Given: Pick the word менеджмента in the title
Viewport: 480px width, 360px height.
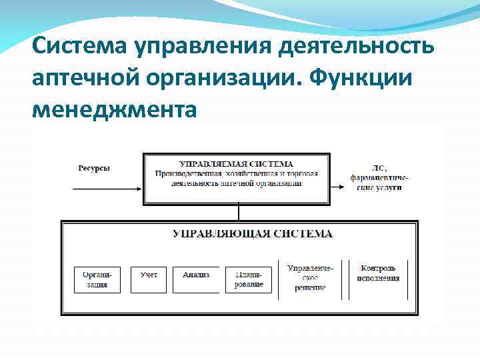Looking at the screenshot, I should pyautogui.click(x=114, y=107).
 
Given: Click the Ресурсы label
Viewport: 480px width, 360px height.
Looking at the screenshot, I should pyautogui.click(x=93, y=169).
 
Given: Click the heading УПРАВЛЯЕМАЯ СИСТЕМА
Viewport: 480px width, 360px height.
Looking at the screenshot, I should pyautogui.click(x=237, y=164).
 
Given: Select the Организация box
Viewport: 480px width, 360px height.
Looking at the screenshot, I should pyautogui.click(x=97, y=279).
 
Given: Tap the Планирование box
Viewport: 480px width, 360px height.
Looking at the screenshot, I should pyautogui.click(x=249, y=279).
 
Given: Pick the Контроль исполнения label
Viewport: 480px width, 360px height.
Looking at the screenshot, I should pyautogui.click(x=377, y=273).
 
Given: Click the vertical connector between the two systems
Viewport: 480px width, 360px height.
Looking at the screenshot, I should pyautogui.click(x=237, y=213).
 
